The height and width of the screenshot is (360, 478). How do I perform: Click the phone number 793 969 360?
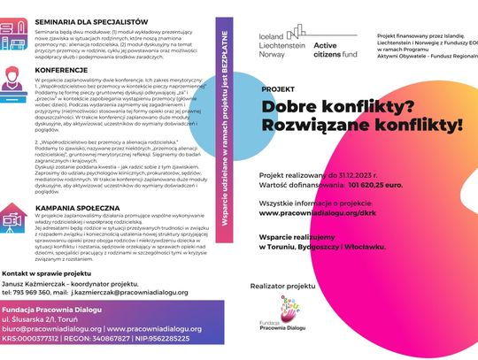click(x=41, y=290)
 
